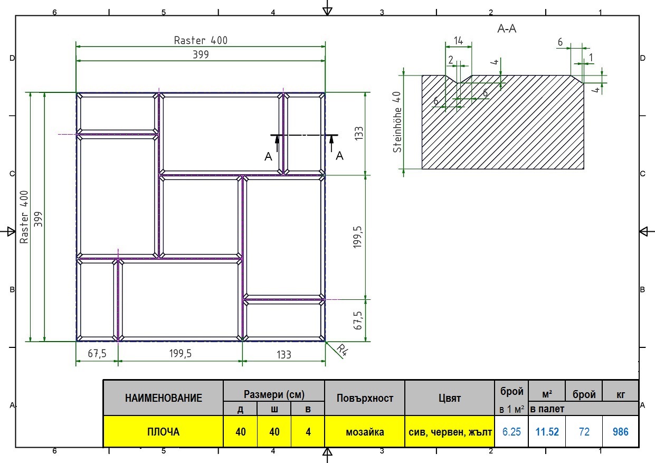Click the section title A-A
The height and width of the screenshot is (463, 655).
click(507, 29)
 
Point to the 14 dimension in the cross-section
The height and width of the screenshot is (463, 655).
click(458, 41)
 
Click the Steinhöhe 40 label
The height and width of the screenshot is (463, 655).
click(397, 122)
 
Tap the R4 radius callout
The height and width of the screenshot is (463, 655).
click(342, 350)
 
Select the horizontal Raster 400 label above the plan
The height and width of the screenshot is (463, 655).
click(201, 40)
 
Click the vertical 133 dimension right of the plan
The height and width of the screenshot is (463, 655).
click(359, 134)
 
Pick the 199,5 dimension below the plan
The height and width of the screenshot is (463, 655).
click(181, 354)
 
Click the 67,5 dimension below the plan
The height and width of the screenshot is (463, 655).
click(97, 354)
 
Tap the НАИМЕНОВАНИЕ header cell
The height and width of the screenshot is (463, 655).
click(164, 398)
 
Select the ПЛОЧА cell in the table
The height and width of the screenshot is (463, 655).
click(164, 432)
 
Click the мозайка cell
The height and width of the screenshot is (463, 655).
click(365, 432)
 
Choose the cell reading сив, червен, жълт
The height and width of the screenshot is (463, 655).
click(450, 432)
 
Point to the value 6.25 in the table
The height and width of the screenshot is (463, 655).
click(511, 432)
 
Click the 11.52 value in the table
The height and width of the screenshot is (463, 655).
click(547, 432)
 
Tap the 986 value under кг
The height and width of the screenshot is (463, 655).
click(621, 432)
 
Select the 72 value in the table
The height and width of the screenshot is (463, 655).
click(584, 432)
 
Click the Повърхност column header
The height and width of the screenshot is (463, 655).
click(365, 398)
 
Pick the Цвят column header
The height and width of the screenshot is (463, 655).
click(450, 398)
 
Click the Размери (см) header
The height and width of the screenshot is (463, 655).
click(274, 394)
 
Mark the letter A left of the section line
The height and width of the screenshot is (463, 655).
click(268, 156)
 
